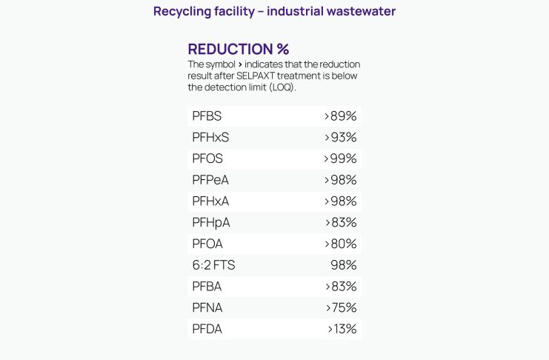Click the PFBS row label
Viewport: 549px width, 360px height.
coord(207,116)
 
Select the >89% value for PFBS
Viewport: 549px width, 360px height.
coord(341,116)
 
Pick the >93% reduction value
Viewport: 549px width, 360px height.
coord(341,138)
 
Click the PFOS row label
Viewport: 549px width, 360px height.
coord(207,159)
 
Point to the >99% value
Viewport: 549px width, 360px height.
coord(341,159)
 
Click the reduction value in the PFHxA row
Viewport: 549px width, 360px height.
coord(341,201)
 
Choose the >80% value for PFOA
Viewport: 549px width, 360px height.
coord(341,244)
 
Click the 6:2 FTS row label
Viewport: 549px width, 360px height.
coord(213,265)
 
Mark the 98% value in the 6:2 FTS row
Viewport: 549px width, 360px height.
coord(344,265)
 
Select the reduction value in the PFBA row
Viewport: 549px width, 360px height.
coord(341,287)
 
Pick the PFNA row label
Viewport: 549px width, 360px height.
coord(207,307)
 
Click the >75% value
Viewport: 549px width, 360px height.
coord(341,307)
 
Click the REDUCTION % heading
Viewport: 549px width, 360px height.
coord(238,50)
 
